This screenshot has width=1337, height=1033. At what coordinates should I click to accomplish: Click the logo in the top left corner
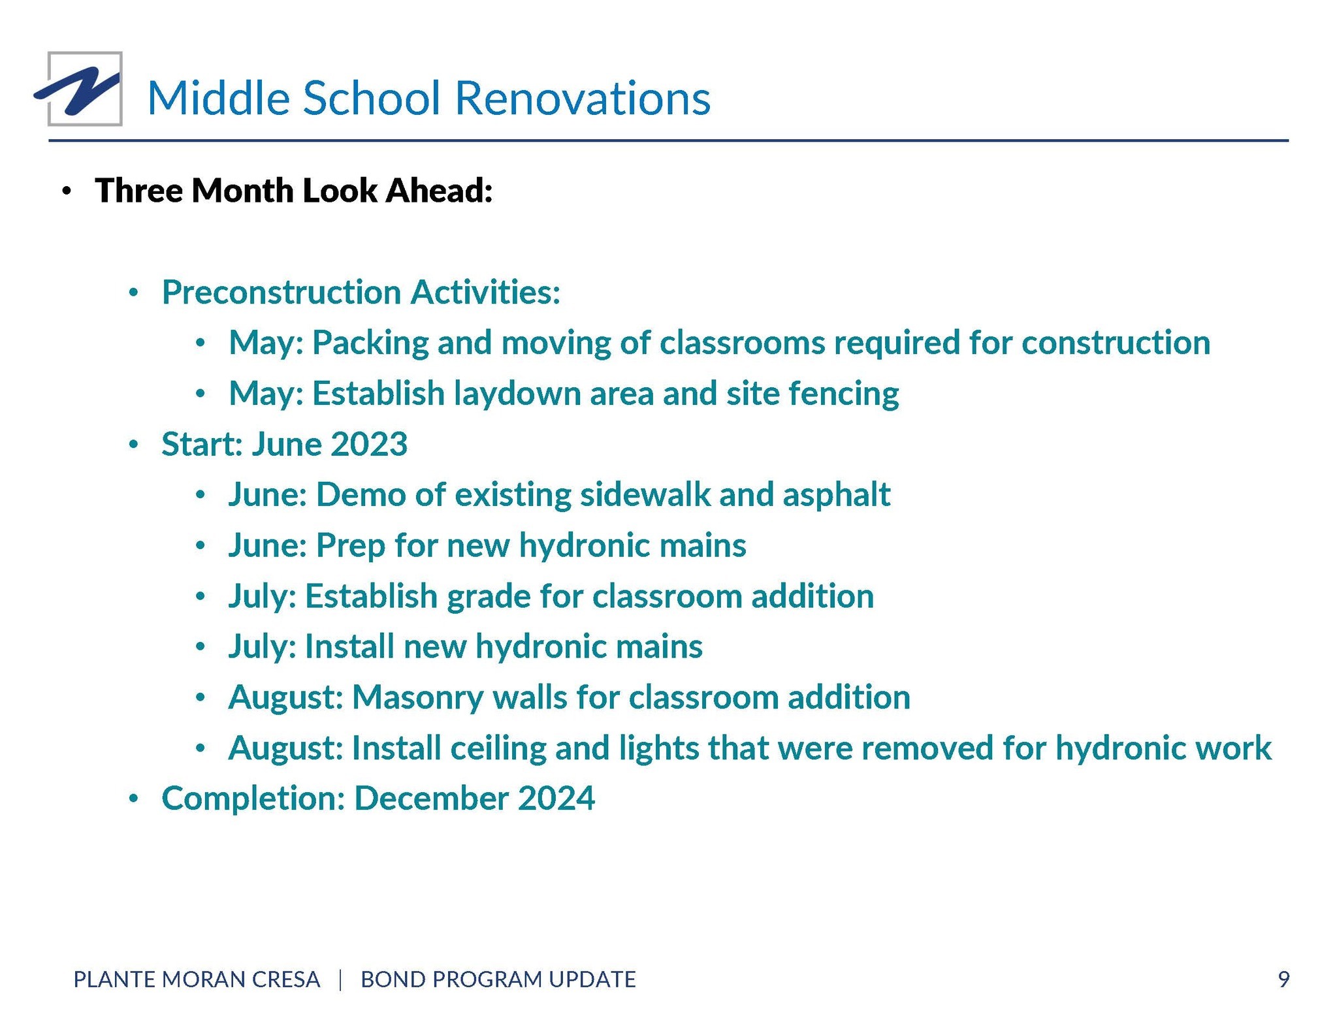pos(79,89)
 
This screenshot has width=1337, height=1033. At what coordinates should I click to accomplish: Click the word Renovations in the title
pos(582,98)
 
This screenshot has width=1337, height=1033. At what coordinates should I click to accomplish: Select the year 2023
pos(369,444)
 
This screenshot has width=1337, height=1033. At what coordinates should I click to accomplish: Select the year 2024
pos(556,799)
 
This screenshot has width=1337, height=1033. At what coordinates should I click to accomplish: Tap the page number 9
pos(1283,979)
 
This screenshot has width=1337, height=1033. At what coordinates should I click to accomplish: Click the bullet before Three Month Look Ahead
pos(66,192)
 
